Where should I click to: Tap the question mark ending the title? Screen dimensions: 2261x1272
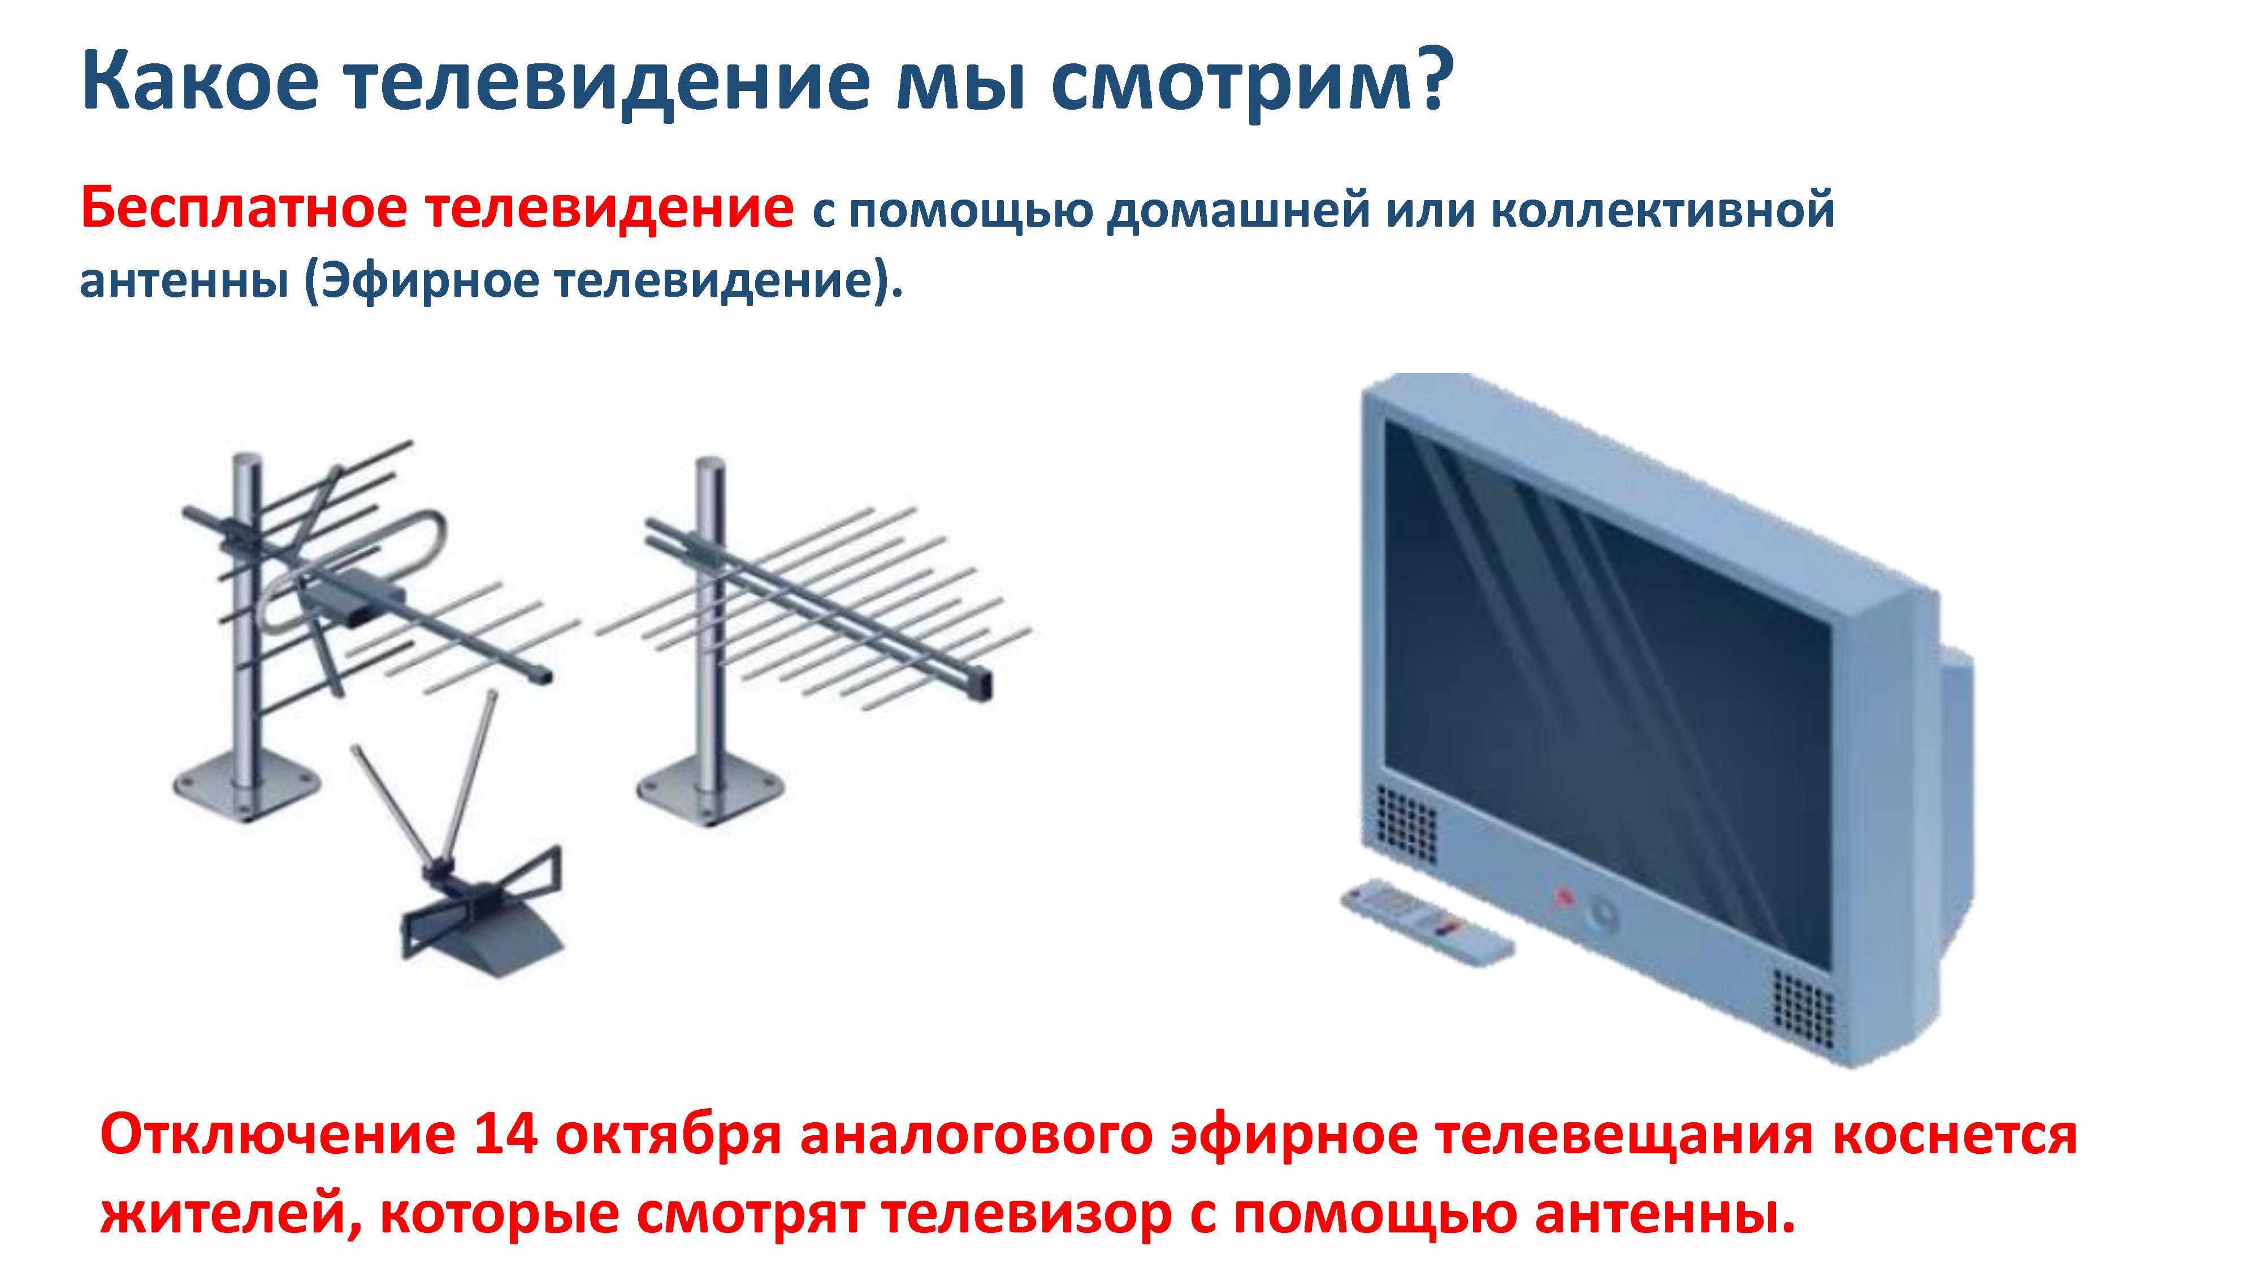click(1427, 79)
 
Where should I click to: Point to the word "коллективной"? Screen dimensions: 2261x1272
click(1664, 211)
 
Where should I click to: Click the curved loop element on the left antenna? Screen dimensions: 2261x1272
click(351, 569)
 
